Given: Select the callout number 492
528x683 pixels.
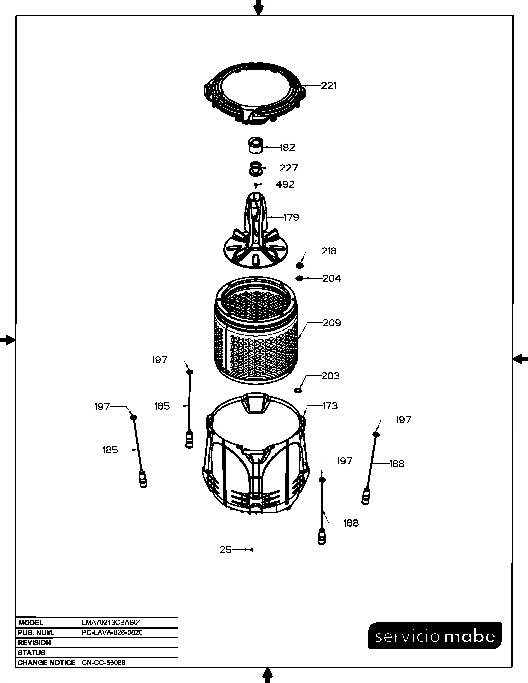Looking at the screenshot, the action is click(x=285, y=184).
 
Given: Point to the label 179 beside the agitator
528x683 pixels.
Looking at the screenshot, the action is click(x=291, y=217).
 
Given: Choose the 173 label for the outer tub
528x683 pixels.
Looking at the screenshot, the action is click(x=330, y=406).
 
